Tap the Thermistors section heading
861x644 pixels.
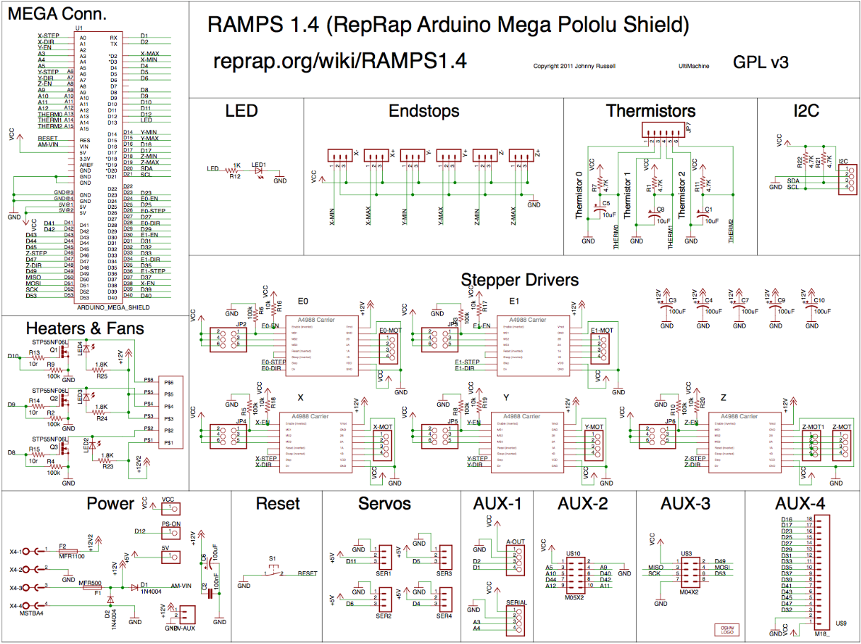[650, 111]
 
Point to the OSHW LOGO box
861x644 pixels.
[727, 630]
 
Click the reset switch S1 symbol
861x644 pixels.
[273, 570]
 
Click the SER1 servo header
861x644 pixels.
[384, 554]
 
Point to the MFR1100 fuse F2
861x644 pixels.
[71, 551]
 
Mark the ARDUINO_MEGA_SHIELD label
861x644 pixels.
[112, 308]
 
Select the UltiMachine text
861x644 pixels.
[692, 67]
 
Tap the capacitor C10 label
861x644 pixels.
[820, 300]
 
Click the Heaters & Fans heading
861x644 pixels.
[85, 328]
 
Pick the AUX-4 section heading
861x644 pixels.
[809, 504]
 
